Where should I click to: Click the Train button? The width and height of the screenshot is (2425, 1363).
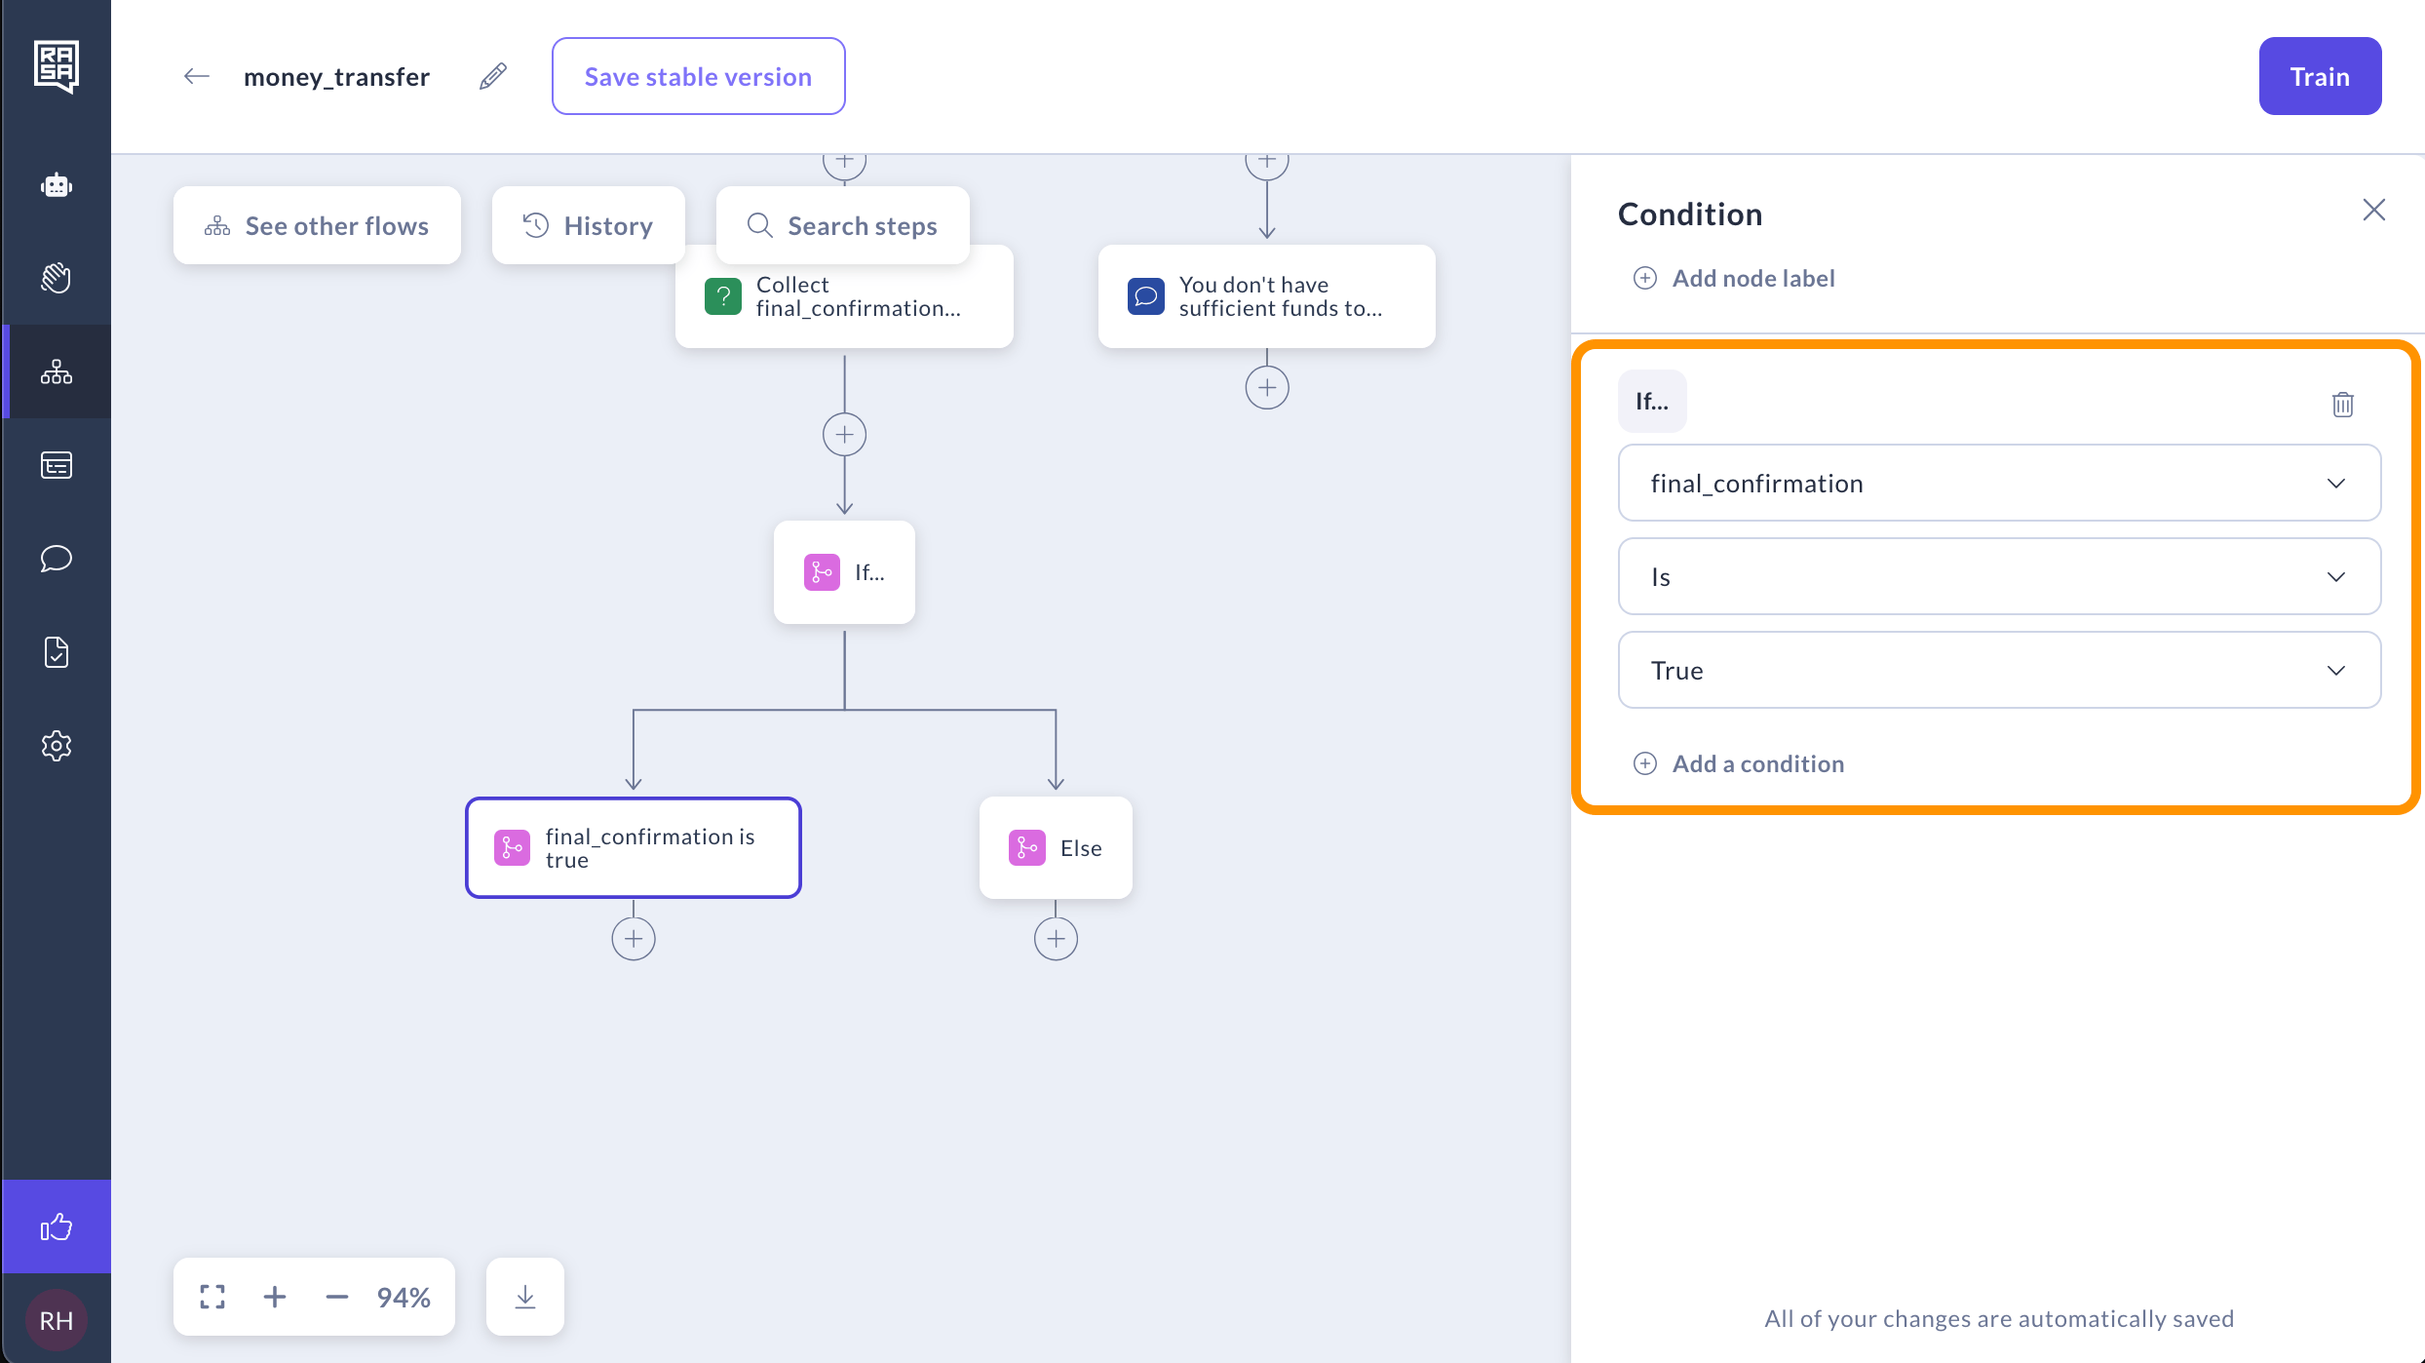(2320, 76)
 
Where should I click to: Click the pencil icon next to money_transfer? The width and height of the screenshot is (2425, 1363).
(493, 76)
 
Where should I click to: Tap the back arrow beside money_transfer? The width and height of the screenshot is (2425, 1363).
(197, 76)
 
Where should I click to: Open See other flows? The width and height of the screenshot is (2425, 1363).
(317, 225)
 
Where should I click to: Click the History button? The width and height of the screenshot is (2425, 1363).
(589, 225)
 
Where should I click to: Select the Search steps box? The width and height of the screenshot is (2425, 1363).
(843, 225)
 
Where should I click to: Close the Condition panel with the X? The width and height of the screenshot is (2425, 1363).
(2374, 210)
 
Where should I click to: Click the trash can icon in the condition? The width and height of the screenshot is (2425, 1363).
(2343, 404)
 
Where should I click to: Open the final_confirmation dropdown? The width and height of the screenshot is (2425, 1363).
(1999, 483)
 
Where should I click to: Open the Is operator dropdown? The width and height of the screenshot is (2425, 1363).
(1999, 576)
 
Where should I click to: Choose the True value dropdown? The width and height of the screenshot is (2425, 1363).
(1999, 670)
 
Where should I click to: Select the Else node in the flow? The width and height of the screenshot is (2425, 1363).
(1056, 847)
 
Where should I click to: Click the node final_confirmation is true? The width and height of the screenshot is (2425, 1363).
(634, 847)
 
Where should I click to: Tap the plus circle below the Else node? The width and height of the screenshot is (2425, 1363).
(1056, 939)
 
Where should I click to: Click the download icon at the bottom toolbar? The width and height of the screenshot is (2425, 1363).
(525, 1297)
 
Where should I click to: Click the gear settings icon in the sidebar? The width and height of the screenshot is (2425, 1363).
(57, 746)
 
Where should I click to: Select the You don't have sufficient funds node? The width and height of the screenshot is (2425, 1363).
(1267, 296)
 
